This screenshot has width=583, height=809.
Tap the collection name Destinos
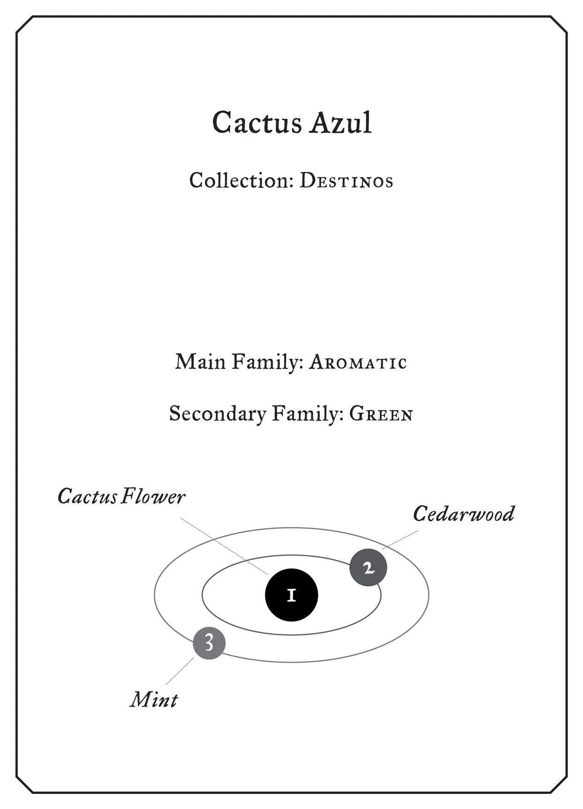(x=346, y=182)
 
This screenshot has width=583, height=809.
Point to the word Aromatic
(x=358, y=362)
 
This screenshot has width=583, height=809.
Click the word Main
(x=200, y=362)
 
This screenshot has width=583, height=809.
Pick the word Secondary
(x=218, y=414)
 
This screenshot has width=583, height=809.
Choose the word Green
(x=381, y=414)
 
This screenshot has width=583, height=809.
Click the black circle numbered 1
(x=291, y=595)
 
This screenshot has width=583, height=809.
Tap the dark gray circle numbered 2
(x=369, y=567)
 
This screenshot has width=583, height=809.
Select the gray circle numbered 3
(x=209, y=643)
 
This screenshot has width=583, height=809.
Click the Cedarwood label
(x=464, y=514)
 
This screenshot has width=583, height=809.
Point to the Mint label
(x=154, y=700)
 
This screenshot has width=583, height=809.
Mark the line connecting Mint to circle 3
(x=180, y=671)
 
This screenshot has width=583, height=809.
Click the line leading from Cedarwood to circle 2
(x=400, y=539)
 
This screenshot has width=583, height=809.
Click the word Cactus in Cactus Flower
(x=87, y=497)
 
